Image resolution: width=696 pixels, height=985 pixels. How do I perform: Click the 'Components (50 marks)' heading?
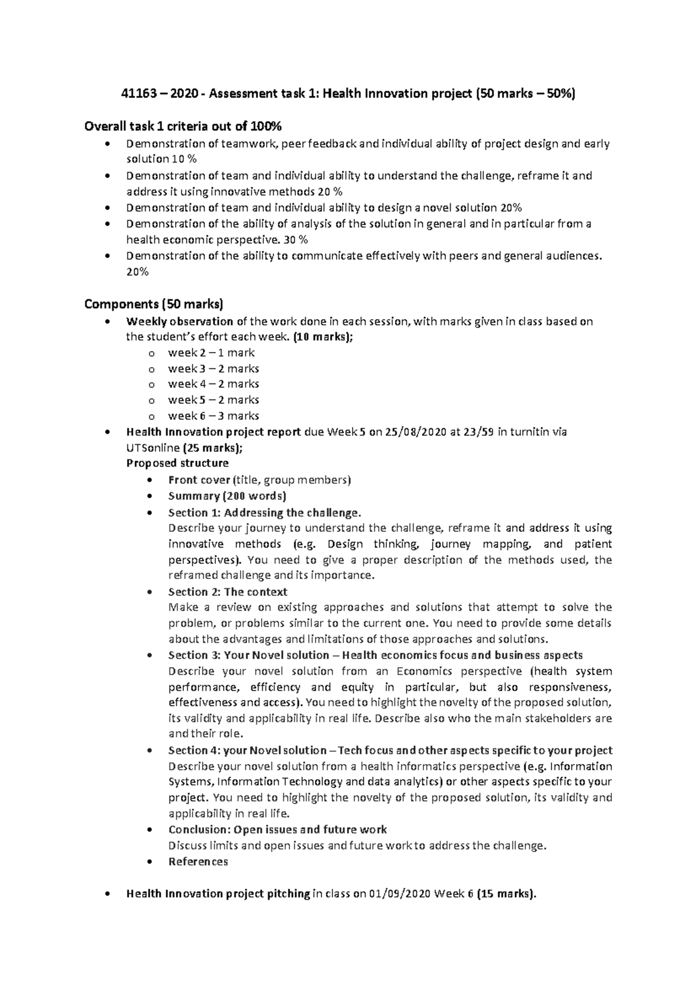[154, 304]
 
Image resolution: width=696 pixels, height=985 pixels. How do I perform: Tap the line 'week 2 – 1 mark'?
[211, 353]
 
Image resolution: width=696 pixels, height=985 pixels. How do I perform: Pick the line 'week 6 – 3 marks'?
[213, 416]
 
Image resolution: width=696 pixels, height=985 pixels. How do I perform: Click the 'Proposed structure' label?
[177, 463]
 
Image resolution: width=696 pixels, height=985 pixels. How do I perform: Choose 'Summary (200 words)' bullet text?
[227, 497]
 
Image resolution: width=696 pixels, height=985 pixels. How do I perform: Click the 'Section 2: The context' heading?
[227, 592]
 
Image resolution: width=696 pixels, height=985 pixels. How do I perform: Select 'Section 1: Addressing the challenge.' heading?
[264, 513]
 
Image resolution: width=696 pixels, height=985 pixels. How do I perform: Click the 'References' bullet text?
[198, 862]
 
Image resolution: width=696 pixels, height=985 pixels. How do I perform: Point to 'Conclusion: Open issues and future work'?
[277, 830]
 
